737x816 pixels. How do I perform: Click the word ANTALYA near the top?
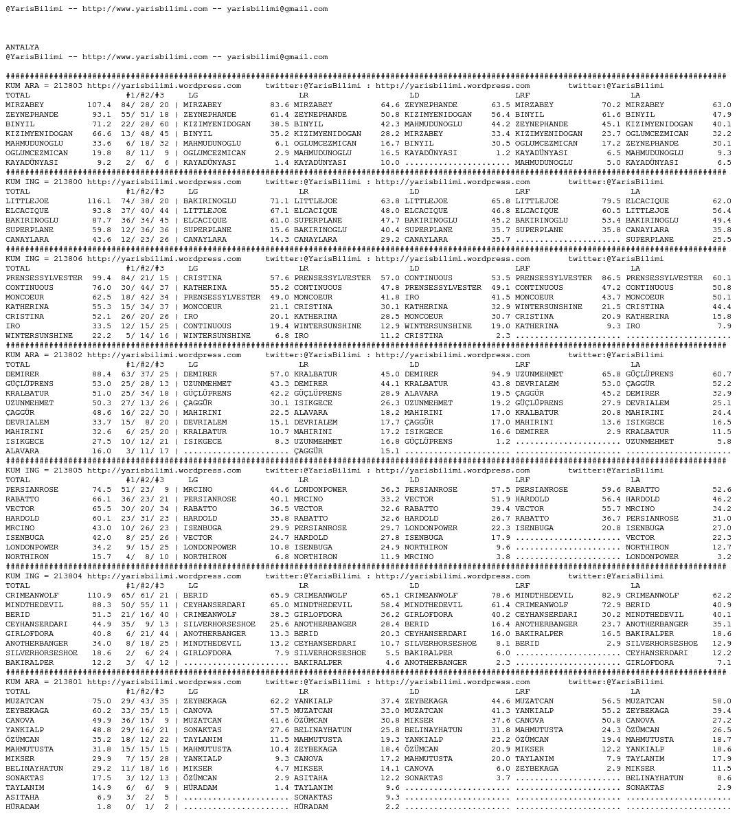coord(23,47)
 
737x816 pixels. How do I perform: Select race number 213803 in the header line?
coord(68,86)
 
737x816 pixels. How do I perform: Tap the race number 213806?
coord(68,259)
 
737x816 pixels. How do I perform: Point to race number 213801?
coord(68,682)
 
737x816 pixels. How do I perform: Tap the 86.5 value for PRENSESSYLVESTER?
coord(611,278)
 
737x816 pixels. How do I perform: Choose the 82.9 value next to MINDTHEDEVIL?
coord(611,596)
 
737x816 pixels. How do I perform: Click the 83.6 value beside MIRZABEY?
coord(280,105)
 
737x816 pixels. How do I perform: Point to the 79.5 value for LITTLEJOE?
coord(611,201)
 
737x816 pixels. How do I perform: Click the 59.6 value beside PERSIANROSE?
coord(611,490)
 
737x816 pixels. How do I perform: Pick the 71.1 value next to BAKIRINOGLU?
coord(280,201)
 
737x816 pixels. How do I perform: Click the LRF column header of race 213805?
coord(522,480)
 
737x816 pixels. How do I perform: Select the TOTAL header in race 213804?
coord(18,586)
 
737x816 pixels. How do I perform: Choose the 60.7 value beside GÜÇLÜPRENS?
coord(722,374)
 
